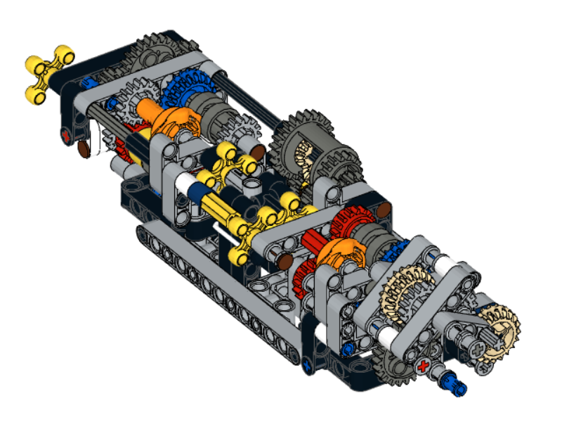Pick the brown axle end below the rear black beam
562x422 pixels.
point(84,148)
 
